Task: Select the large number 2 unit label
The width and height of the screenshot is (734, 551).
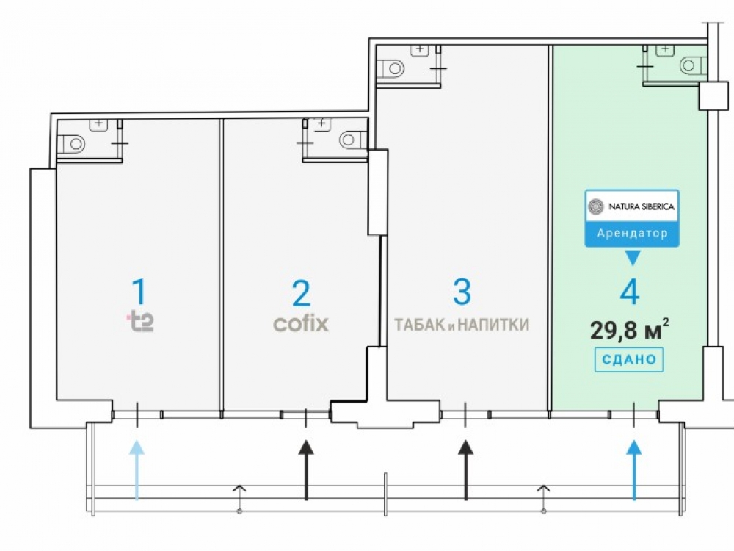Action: tap(301, 293)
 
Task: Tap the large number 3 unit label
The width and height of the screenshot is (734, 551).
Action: tap(462, 292)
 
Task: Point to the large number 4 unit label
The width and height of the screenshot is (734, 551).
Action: tap(629, 292)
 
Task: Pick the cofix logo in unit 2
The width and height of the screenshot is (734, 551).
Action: tap(301, 323)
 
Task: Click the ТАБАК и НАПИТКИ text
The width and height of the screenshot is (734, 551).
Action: tap(462, 325)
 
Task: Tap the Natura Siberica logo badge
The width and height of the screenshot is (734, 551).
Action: tap(632, 206)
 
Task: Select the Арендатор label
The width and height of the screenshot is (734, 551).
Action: tap(632, 234)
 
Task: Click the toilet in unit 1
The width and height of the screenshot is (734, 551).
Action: tap(72, 143)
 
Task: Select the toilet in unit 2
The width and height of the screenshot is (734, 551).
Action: tap(353, 140)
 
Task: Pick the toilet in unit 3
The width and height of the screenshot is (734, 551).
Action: tap(391, 68)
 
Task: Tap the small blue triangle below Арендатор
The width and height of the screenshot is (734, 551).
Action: tap(632, 257)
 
